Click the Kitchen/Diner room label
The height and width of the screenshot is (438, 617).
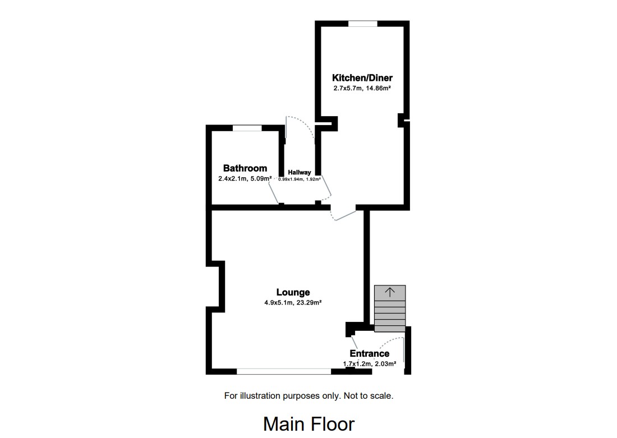[x=362, y=78]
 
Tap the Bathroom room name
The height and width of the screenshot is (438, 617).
[x=245, y=168]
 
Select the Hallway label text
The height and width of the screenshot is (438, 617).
[x=300, y=172]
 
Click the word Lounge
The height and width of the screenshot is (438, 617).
[x=293, y=292]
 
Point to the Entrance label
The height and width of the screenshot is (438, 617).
[x=369, y=353]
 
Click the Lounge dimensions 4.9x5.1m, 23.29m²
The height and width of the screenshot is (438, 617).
[x=293, y=302]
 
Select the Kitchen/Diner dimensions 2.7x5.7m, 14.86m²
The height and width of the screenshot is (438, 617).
[x=362, y=88]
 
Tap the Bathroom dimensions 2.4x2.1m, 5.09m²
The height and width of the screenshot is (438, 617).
[x=245, y=179]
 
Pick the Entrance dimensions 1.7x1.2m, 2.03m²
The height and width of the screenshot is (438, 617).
[x=370, y=363]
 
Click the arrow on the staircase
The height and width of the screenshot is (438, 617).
[x=390, y=292]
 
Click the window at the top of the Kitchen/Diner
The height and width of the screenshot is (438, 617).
[x=362, y=24]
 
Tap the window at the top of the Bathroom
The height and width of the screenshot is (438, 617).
[x=247, y=128]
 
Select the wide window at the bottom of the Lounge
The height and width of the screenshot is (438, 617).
[x=284, y=371]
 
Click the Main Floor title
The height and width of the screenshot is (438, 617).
[x=308, y=423]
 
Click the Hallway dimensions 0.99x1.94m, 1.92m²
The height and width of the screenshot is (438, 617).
[x=300, y=179]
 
